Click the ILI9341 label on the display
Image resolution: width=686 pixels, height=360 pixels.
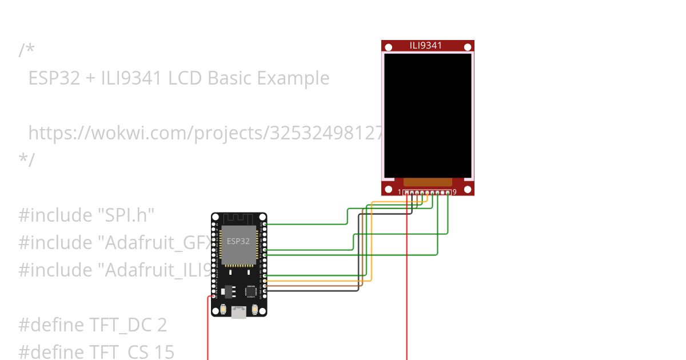(x=426, y=46)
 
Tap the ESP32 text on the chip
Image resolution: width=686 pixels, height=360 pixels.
(x=238, y=241)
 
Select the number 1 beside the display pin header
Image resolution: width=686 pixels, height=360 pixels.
(x=400, y=192)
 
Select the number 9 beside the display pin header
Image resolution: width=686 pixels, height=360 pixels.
(x=454, y=192)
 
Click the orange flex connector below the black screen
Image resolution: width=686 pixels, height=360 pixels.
(x=428, y=182)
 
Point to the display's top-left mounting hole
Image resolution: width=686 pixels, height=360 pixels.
(x=389, y=47)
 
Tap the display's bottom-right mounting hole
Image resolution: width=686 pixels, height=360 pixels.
(x=467, y=189)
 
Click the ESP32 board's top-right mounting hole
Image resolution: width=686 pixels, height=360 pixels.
(x=262, y=218)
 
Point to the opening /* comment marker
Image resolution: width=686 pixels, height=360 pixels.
(x=26, y=50)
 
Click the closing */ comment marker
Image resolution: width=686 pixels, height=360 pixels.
(x=26, y=159)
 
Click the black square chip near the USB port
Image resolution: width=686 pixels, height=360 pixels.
(x=251, y=291)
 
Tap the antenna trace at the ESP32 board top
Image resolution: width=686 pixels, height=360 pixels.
(x=238, y=219)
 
